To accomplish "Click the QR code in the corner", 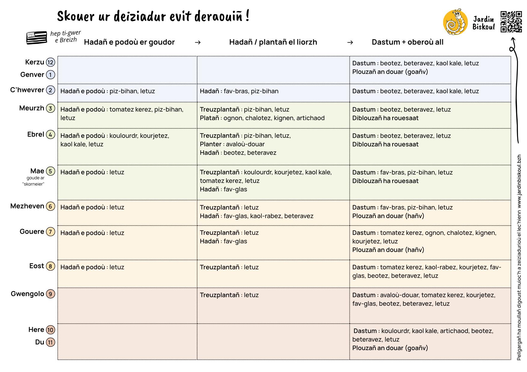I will point(511,22).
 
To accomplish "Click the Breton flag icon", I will point(37,38).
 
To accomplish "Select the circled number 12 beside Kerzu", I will point(50,62).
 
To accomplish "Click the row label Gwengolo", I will point(27,294).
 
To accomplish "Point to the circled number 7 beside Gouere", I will point(50,232).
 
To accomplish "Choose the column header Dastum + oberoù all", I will point(407,42).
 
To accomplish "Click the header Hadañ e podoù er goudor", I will point(129,42).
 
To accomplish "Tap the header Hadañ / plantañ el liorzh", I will point(273,42).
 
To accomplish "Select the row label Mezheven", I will point(27,206).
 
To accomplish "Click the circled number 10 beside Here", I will point(50,330).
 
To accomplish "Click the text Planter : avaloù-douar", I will point(232,144).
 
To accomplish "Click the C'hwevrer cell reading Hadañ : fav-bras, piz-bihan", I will point(239,91).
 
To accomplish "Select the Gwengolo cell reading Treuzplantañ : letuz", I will point(229,295).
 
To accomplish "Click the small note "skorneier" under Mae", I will point(33,184).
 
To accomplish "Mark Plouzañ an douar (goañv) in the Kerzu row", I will point(390,72).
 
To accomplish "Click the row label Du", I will point(40,342).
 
